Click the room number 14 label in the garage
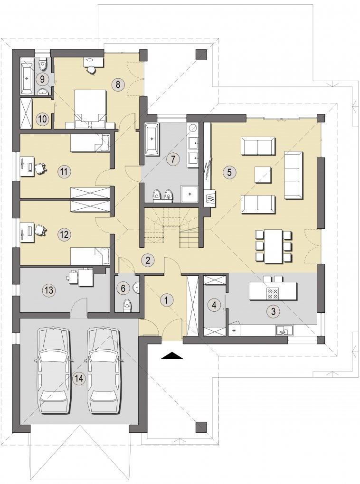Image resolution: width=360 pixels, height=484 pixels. (x=79, y=378)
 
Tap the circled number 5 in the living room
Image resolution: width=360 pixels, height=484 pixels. (x=229, y=172)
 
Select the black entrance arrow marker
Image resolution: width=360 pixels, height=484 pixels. (x=172, y=355)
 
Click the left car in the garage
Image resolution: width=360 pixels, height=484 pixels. (x=54, y=371)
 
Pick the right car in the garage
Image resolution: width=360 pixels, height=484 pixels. (x=104, y=371)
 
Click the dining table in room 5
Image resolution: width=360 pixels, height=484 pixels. (x=274, y=246)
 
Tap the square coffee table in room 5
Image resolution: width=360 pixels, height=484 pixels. (x=263, y=175)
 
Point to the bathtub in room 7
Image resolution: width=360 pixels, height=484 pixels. (x=152, y=139)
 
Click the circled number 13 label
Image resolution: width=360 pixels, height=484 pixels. (x=49, y=290)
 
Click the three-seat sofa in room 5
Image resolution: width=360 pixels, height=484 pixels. (x=293, y=175)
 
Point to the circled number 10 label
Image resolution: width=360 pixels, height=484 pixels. (x=43, y=118)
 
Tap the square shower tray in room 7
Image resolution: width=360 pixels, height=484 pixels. (x=189, y=194)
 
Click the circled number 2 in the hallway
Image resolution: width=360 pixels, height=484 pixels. (x=148, y=260)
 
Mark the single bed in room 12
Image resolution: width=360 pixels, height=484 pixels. (x=90, y=256)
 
